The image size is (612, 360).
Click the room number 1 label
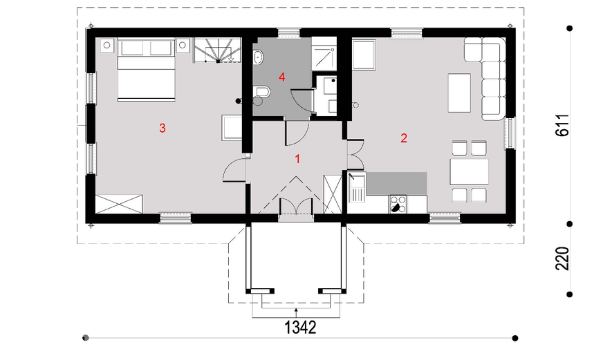(x=297, y=159)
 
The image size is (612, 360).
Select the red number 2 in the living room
(x=404, y=138)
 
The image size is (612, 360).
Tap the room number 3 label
(x=163, y=128)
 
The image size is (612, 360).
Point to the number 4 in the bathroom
(x=282, y=77)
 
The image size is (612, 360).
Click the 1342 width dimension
(x=299, y=328)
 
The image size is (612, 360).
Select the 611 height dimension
(x=562, y=125)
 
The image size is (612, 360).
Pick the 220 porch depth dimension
(x=562, y=258)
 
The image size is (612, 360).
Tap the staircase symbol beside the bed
(x=216, y=50)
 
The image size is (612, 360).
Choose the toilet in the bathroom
(x=261, y=92)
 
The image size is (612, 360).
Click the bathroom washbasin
(x=258, y=57)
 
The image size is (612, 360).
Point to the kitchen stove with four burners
(x=398, y=204)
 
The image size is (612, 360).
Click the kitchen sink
(x=356, y=189)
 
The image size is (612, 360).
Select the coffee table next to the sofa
(x=459, y=93)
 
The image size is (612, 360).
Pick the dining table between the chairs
(x=469, y=171)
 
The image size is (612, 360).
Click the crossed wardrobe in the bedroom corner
(x=119, y=204)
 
